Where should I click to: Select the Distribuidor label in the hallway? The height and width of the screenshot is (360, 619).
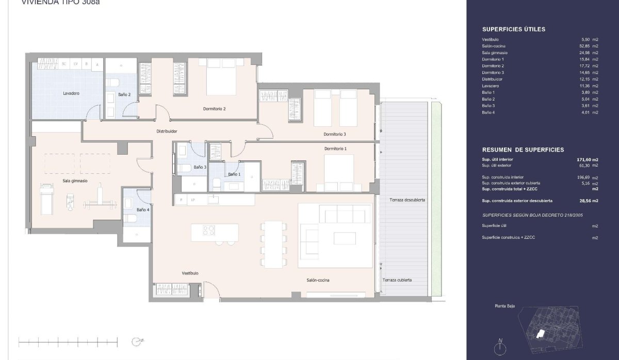[167, 132]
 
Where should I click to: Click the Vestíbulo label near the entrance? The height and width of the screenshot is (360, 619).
[190, 273]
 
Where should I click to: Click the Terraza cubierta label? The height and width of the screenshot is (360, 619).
[397, 280]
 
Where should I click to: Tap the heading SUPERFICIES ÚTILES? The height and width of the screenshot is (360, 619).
[513, 29]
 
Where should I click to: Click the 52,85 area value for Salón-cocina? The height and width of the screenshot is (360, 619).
[584, 46]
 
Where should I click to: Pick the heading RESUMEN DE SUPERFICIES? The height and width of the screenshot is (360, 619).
[523, 150]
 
